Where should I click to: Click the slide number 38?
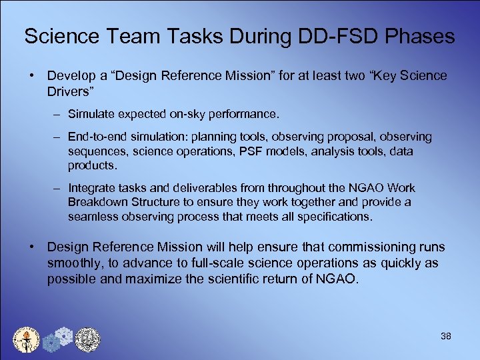tap(446, 336)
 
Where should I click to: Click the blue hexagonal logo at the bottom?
tap(58, 339)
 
